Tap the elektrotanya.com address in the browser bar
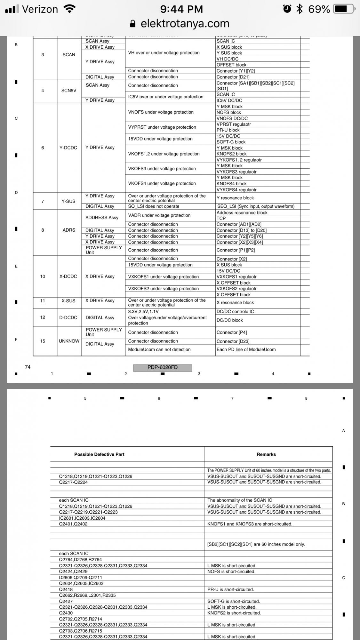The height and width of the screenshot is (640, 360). [x=185, y=23]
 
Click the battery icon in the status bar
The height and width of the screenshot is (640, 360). [x=344, y=9]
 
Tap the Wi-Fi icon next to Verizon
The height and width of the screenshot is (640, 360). [x=69, y=9]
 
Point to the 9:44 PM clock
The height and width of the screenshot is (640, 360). [x=181, y=9]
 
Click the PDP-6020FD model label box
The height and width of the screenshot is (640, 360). [x=163, y=367]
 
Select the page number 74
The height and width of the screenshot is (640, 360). [x=28, y=367]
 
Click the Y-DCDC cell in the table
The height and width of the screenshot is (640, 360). [x=68, y=148]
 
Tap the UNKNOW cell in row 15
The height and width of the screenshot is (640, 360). [x=69, y=341]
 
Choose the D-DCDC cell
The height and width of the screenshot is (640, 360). [x=68, y=317]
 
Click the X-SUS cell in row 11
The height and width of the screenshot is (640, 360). [x=68, y=301]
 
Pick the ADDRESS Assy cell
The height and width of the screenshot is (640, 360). [x=102, y=218]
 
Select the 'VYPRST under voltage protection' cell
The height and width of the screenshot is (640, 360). [x=162, y=127]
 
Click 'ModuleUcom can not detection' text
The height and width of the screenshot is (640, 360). [x=159, y=349]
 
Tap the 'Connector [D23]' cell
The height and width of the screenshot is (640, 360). [x=233, y=341]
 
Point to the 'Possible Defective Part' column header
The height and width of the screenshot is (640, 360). [x=99, y=454]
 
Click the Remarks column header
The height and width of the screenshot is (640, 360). [x=266, y=454]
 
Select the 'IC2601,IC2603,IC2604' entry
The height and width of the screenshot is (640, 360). [x=82, y=518]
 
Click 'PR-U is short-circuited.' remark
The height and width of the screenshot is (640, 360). [x=230, y=589]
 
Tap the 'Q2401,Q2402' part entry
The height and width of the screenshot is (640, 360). [x=73, y=524]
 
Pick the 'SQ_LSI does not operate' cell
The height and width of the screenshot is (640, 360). [x=154, y=206]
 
